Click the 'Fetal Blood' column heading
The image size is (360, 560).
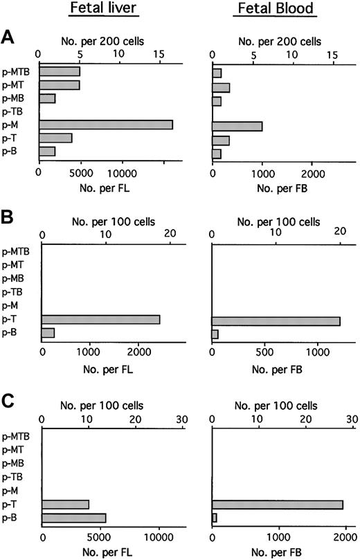tap(276, 10)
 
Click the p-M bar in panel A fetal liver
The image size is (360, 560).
tap(106, 125)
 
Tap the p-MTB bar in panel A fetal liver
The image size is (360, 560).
tap(60, 71)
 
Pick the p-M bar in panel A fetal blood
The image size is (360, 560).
tap(237, 125)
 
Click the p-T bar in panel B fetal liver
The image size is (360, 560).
tap(100, 319)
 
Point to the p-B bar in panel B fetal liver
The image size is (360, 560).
tap(48, 333)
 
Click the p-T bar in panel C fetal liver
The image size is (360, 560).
tap(65, 504)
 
